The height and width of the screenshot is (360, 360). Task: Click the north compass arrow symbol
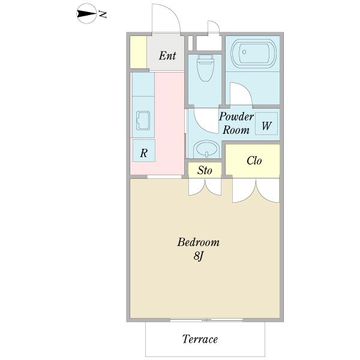[x=86, y=14]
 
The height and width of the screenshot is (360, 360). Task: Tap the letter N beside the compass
[x=103, y=14]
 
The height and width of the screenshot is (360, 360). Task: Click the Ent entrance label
[x=167, y=56]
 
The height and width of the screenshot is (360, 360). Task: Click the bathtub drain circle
[x=244, y=52]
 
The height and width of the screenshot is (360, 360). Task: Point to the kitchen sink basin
[x=143, y=121]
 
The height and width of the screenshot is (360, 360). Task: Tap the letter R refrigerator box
[x=144, y=151]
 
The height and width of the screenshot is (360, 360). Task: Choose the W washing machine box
[x=266, y=124]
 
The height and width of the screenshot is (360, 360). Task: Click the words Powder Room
[x=236, y=123]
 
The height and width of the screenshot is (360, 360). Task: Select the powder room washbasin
[x=205, y=149]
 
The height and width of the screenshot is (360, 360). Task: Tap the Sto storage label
[x=205, y=170]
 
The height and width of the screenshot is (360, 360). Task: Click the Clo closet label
[x=254, y=161]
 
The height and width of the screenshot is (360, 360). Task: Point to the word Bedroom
[x=199, y=242]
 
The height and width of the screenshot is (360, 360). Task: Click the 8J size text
[x=199, y=256]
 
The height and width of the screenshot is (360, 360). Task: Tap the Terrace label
[x=200, y=339]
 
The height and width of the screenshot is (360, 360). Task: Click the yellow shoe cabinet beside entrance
[x=139, y=52]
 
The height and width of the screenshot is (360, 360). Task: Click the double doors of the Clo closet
[x=256, y=191]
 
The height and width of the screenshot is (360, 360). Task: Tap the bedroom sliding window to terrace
[x=206, y=320]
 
